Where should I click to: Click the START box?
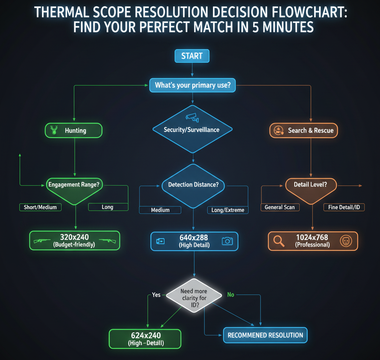(190, 55)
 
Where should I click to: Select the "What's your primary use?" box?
(190, 85)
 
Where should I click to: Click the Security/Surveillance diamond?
(190, 129)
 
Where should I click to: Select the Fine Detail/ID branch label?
(345, 207)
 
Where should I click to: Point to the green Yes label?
(156, 295)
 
